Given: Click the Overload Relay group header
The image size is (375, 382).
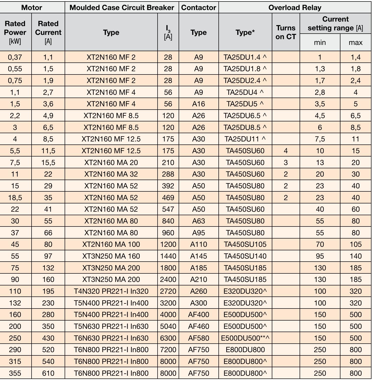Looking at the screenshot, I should [295, 7].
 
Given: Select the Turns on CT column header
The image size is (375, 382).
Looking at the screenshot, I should [286, 32].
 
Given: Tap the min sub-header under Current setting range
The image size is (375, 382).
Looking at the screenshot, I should [320, 42].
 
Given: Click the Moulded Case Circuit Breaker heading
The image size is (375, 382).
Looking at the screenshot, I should [122, 7].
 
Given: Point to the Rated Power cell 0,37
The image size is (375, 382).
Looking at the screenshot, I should [15, 57].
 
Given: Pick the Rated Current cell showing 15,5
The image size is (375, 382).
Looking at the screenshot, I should [48, 163].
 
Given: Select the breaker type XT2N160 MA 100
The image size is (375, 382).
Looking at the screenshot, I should [111, 244].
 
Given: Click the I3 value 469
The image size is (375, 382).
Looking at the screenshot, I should [168, 198].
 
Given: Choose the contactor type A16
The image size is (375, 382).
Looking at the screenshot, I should [198, 104].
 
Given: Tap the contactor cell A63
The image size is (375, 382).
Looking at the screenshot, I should [198, 221].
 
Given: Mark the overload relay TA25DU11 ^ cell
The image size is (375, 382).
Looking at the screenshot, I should [245, 139].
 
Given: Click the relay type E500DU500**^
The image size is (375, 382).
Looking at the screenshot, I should [245, 338].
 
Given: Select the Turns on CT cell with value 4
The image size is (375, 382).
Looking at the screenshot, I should [286, 151].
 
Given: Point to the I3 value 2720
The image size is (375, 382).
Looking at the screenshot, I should [168, 291].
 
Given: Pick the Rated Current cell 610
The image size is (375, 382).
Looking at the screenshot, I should [48, 373].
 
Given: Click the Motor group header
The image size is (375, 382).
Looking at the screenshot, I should [32, 7].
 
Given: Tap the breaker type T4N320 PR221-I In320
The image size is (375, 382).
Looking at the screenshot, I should [111, 291].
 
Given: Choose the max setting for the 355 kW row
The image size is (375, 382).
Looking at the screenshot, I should [355, 373].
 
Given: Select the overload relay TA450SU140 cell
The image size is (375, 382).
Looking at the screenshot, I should [245, 256].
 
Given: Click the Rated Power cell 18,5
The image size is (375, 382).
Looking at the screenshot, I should [15, 198].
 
